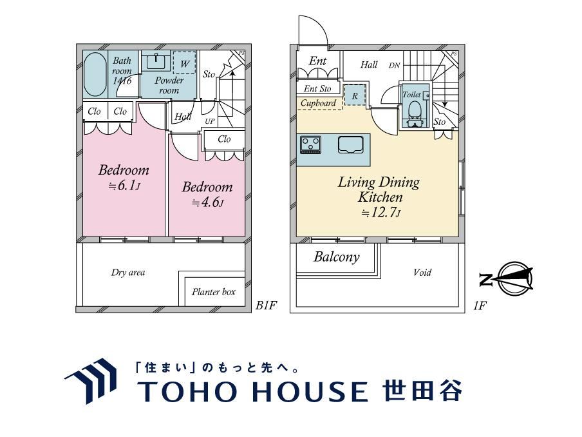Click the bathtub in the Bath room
pos(95,74)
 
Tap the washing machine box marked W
pos(185,63)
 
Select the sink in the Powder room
pos(156,61)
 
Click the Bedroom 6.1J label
pos(124,177)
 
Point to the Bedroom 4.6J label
pos(207,194)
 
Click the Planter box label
pos(214,292)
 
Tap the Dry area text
pos(128,273)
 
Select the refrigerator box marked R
pos(355,95)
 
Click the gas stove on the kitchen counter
pos(311,144)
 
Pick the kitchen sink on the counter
pos(350,144)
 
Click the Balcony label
pos(337,257)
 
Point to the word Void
pos(422,273)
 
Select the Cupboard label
pos(318,103)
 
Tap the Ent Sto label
pos(317,88)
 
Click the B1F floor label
pos(266,305)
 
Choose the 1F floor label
pos(479,306)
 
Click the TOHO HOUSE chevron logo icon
pos(91,380)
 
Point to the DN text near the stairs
pos(394,65)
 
